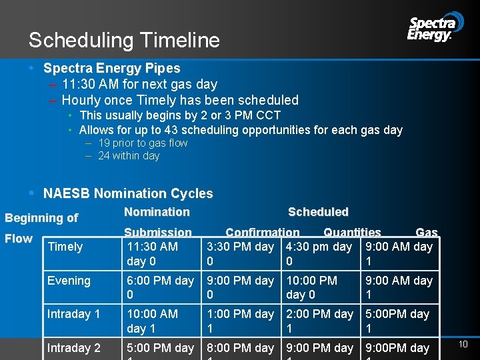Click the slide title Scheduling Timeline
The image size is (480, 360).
coord(124,41)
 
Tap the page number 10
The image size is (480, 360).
coord(463,344)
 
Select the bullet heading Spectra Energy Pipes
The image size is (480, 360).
coord(111,68)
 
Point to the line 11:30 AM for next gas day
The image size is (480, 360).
coord(139,84)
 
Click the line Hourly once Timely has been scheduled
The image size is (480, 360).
coord(179,100)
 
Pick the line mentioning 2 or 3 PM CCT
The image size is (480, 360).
coord(179,115)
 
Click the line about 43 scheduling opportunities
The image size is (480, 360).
coord(240,130)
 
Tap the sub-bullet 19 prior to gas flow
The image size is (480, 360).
coord(143,143)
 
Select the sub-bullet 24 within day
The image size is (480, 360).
coord(129,155)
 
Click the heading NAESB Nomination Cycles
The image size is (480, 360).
coord(128,193)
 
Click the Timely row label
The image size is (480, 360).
coord(65,247)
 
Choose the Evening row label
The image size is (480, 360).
coord(69,281)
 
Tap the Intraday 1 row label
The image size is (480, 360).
coord(73,313)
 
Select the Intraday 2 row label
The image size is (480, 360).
coord(73,347)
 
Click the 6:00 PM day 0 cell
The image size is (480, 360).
coord(160,287)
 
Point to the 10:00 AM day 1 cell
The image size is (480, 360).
coord(152,321)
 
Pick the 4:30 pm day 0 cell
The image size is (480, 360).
coord(319,254)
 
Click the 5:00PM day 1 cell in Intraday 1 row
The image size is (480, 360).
coord(397,321)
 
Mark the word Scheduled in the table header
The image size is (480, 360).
coord(318,212)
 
